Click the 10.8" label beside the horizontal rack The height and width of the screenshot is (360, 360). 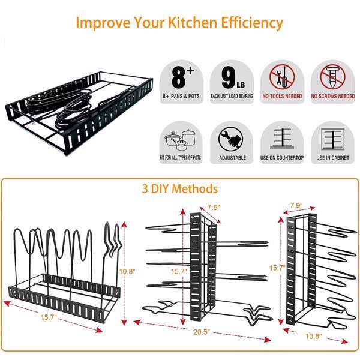click(127, 271)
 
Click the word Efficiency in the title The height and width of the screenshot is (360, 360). click(251, 23)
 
